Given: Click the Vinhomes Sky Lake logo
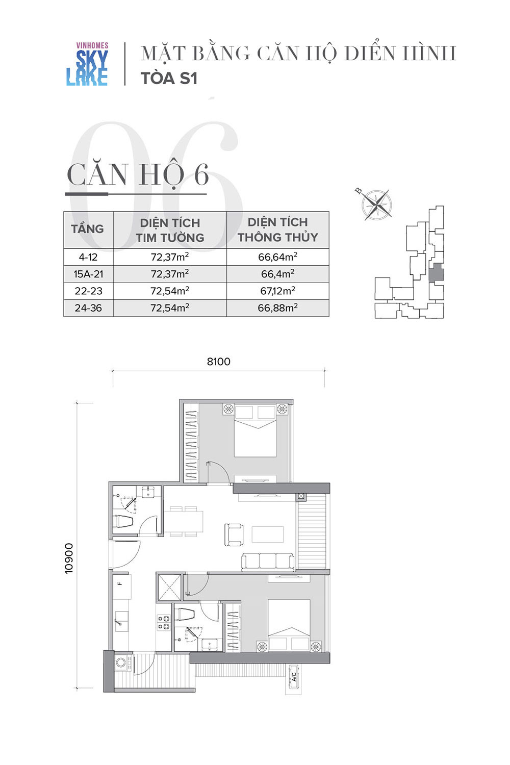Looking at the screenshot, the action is (x=87, y=64).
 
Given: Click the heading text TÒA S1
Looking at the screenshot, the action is (x=169, y=78).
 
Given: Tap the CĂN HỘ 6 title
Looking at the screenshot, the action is (x=138, y=175).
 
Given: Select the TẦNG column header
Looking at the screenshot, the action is (x=87, y=229).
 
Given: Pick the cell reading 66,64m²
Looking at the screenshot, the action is (x=277, y=257).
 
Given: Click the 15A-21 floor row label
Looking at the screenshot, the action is (x=88, y=274).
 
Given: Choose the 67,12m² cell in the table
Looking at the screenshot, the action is (x=277, y=291).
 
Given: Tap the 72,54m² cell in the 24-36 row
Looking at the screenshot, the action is (x=170, y=308).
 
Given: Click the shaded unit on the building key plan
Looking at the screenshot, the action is (x=436, y=273).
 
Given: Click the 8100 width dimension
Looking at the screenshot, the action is (x=219, y=362).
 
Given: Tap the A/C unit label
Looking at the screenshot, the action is (x=294, y=677).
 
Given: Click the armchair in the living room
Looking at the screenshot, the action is (x=234, y=534).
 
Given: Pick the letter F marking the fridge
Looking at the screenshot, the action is (x=120, y=583).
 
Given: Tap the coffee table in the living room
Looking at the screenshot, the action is (x=268, y=534).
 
